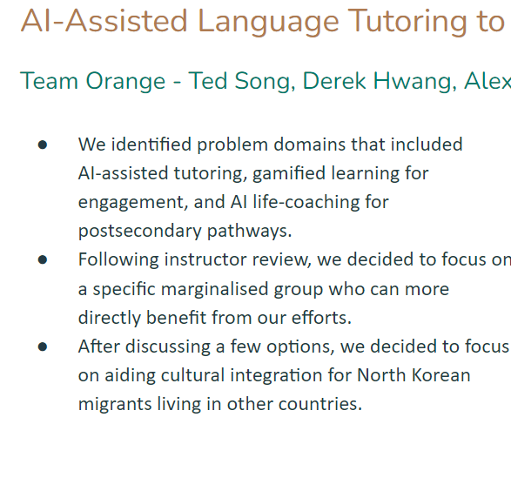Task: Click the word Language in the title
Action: pos(268,22)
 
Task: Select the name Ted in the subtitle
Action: pos(207,80)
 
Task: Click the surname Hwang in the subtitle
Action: pos(412,82)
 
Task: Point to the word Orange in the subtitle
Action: pos(125,82)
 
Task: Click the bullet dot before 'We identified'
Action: pos(43,145)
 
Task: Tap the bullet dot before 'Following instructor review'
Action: pos(43,259)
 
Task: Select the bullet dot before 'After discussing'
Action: pos(43,347)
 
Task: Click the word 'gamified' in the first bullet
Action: pos(289,173)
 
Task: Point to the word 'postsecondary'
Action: pos(140,231)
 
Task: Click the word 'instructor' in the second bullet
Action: pos(205,259)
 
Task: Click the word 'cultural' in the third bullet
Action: pos(192,375)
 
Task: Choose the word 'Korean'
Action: pos(441,375)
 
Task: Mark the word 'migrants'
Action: pos(115,405)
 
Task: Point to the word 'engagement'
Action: pos(132,202)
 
